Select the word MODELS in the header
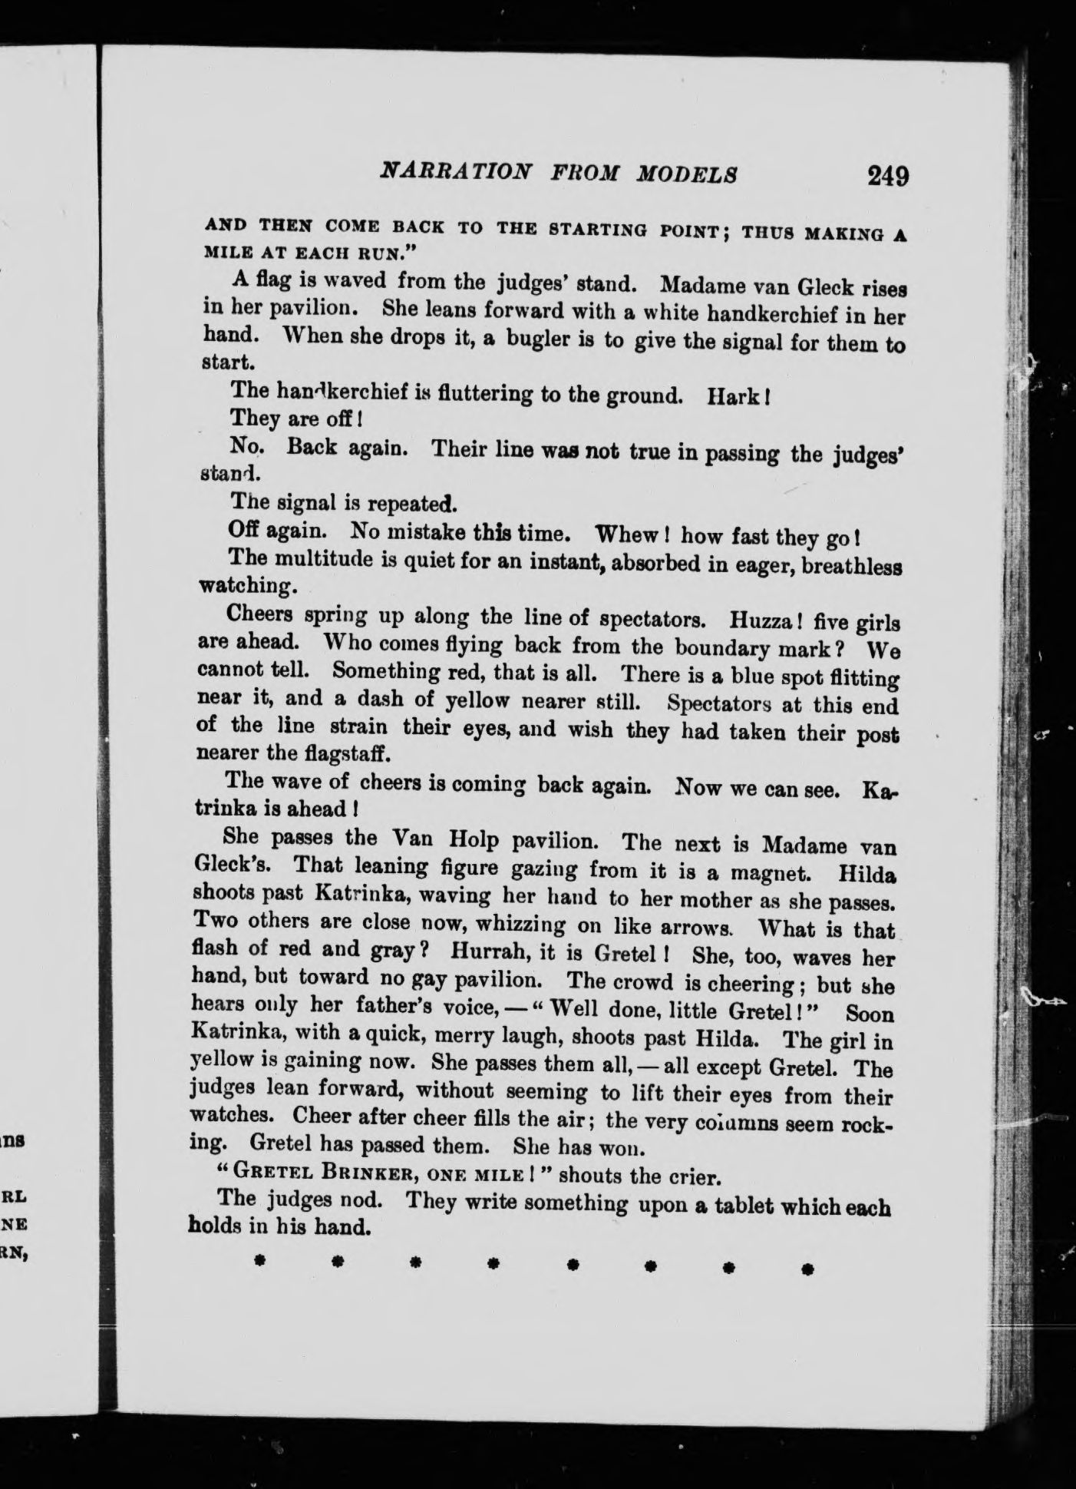[687, 174]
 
